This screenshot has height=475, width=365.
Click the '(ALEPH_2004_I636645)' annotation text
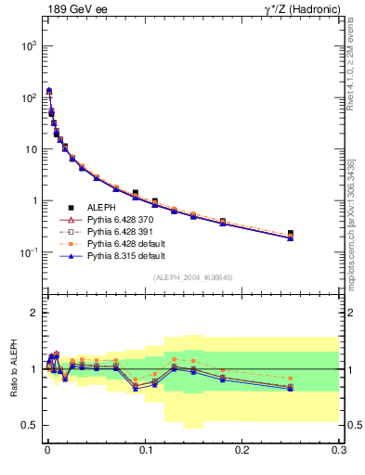point(192,277)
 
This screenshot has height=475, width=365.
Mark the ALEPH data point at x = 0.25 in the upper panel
point(291,234)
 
